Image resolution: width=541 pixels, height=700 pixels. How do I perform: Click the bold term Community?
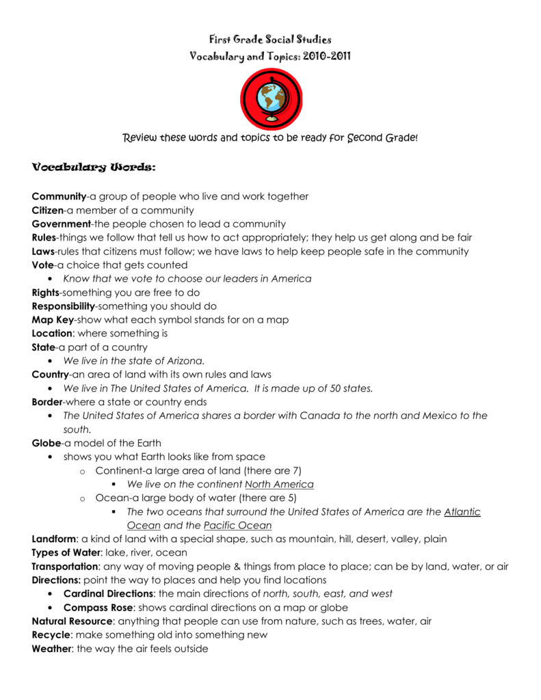coord(59,196)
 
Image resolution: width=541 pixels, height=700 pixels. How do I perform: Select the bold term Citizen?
coord(47,210)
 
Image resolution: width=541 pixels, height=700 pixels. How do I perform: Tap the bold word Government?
coord(61,224)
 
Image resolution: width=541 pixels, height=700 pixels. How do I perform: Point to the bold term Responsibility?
coord(63,306)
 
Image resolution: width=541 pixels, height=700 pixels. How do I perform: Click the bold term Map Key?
coord(53,320)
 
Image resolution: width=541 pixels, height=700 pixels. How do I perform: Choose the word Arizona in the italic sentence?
coord(185,361)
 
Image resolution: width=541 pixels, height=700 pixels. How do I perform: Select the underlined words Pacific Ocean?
coord(237,526)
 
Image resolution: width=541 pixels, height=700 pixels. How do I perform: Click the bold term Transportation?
coord(65,567)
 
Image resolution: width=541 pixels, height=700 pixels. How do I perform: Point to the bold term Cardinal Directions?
coord(108,594)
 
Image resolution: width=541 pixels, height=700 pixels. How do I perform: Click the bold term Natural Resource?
coord(72,621)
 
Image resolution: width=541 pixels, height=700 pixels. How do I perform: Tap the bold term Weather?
coord(51,649)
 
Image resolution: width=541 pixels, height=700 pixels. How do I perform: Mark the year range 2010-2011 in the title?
coord(325,56)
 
